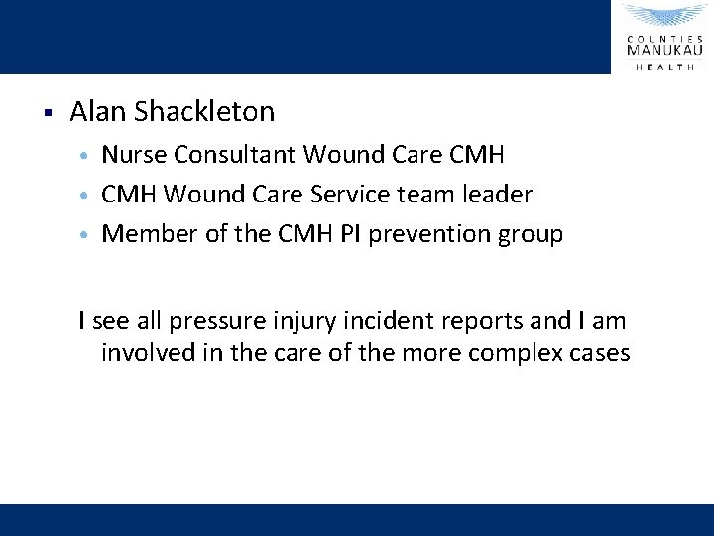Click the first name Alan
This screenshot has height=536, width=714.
coord(96,112)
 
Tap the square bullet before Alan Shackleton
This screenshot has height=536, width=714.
coord(47,110)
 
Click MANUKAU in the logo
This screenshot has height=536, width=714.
coord(664,47)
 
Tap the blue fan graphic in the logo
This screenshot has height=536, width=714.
coord(664,17)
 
